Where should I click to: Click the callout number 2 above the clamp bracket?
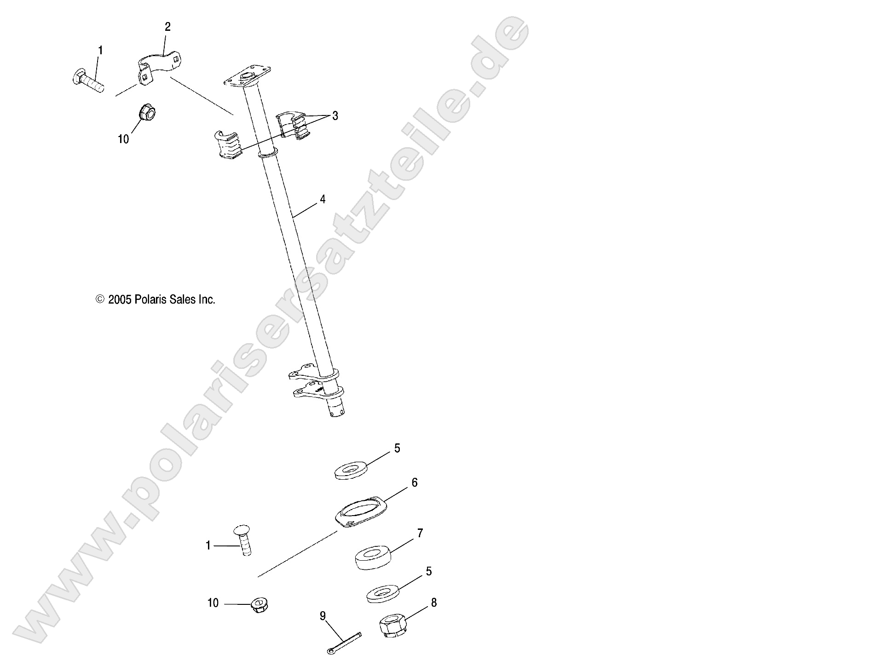(167, 27)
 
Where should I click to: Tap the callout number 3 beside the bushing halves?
(335, 116)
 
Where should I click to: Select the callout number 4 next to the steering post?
(323, 199)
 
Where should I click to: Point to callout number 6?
(414, 482)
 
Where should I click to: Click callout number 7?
(420, 533)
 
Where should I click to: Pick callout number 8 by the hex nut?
(433, 603)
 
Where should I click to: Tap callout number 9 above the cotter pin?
(323, 615)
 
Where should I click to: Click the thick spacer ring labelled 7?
(372, 558)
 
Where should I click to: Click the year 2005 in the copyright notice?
(120, 300)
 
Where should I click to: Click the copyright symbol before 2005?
(99, 300)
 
